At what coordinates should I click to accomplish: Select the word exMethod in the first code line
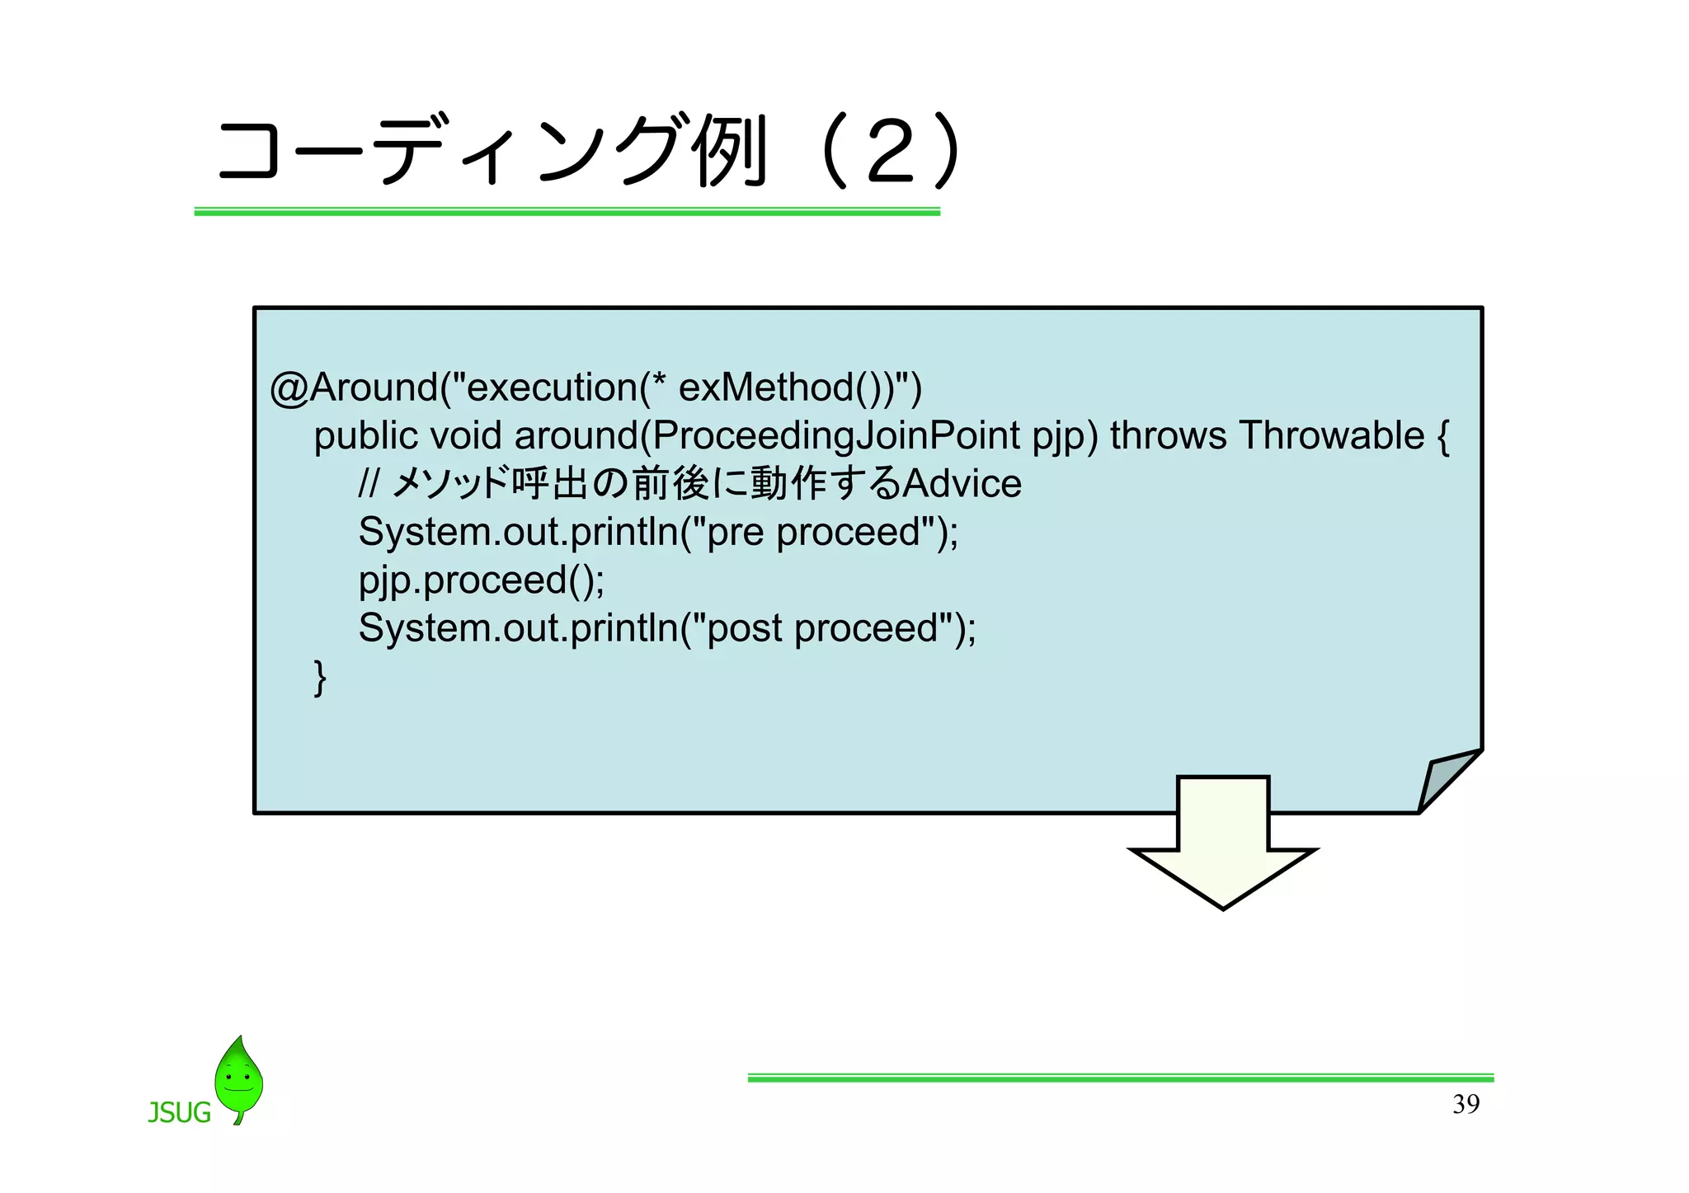point(765,387)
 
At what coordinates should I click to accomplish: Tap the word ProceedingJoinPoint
point(835,435)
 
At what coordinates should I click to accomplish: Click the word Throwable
point(1331,435)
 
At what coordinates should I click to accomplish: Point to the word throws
point(1168,435)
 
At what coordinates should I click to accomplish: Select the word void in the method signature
point(465,435)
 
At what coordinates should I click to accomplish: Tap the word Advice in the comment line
point(962,483)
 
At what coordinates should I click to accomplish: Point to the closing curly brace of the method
point(320,678)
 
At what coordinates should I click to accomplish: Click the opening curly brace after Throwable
point(1442,437)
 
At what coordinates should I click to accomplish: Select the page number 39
point(1466,1104)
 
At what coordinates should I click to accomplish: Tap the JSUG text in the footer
point(179,1113)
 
